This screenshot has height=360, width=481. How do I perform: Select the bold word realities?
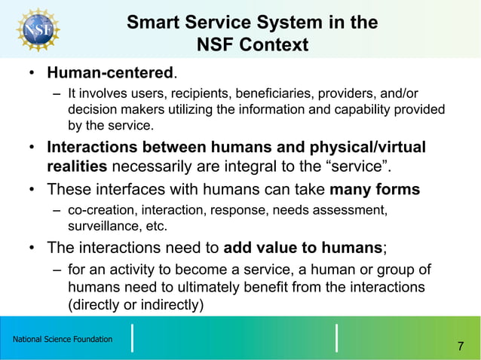tap(78, 166)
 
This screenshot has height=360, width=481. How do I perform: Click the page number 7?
tap(460, 346)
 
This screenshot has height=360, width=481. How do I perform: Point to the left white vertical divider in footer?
tap(133, 337)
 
